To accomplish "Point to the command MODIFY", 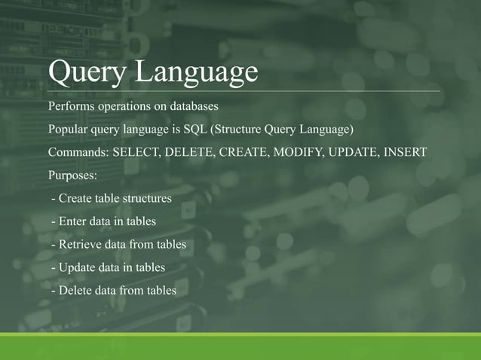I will pos(302,152).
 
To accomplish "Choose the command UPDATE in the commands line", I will pos(356,152).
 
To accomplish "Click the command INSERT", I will pos(406,152).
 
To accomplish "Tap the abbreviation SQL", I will pos(203,129).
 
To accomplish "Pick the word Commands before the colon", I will pos(78,152).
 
